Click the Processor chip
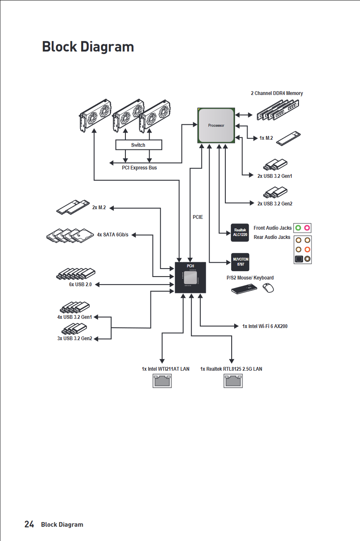pos(216,125)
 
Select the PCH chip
pos(190,277)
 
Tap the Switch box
pos(138,145)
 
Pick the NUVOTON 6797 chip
pos(240,262)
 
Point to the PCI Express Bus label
pos(139,168)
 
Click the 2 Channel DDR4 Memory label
pos(276,93)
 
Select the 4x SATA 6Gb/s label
pos(112,235)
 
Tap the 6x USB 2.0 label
pos(80,285)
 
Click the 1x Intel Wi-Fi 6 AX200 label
pos(265,326)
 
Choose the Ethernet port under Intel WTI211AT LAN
pos(162,381)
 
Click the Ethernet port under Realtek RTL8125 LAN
pos(233,381)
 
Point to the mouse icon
pos(268,288)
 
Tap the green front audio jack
pos(298,228)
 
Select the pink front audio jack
pos(307,228)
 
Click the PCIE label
pos(198,217)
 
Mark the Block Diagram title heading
pos(88,46)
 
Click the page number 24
pos(29,524)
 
